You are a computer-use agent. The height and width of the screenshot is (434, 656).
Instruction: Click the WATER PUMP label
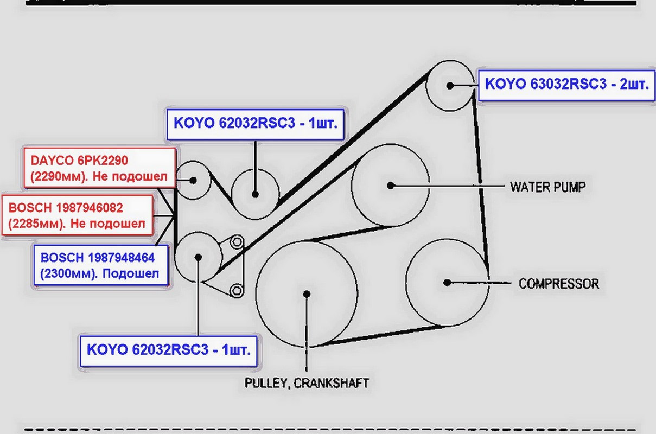click(x=547, y=187)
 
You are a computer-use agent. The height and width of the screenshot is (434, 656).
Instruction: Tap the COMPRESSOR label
click(x=559, y=284)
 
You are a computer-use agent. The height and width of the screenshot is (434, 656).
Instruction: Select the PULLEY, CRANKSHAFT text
click(x=307, y=383)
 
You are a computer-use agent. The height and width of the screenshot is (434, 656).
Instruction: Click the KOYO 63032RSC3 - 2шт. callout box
click(x=566, y=85)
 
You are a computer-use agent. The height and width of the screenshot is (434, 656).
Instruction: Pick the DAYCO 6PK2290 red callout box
click(x=100, y=168)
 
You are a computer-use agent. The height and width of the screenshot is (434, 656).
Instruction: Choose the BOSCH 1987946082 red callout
click(x=78, y=215)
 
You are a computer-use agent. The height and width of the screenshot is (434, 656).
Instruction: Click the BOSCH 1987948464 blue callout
click(x=101, y=265)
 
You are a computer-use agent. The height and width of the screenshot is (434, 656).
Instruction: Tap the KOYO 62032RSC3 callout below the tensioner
click(x=169, y=350)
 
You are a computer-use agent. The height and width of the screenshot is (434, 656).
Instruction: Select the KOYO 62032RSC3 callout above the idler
click(x=256, y=124)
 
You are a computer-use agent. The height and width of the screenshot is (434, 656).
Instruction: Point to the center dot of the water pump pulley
click(x=390, y=186)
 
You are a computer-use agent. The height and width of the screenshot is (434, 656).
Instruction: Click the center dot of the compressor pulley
click(x=447, y=283)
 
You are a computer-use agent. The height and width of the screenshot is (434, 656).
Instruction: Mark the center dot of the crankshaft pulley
click(x=307, y=293)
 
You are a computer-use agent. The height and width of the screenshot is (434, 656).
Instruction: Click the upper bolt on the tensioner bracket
click(x=237, y=242)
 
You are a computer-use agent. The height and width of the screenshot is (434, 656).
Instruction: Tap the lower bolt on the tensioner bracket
click(x=237, y=290)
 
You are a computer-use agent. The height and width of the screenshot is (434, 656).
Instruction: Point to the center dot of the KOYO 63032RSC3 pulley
click(x=450, y=86)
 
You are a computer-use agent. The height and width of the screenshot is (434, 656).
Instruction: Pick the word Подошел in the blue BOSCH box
click(x=131, y=273)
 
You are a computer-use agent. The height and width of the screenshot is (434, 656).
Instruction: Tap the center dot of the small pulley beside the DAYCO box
click(x=193, y=181)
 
